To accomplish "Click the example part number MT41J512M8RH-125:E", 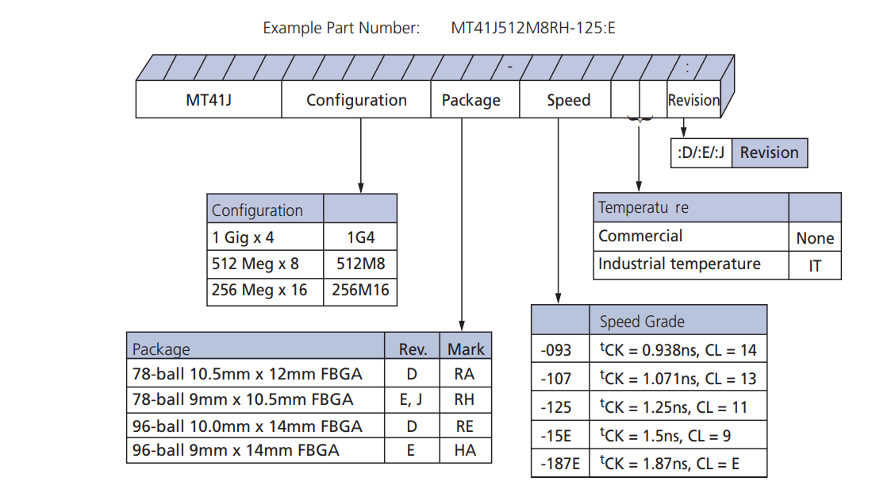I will pos(533,29).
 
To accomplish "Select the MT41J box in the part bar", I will pos(209,100).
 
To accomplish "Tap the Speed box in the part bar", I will pos(568,100).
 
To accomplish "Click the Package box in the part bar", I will pos(471,100).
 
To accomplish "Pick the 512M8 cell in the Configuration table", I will pos(360,264).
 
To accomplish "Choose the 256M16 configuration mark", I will pos(360,291).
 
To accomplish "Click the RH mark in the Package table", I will pos(464,399).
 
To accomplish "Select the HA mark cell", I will pos(464,450).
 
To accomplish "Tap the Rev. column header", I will pos(413,349).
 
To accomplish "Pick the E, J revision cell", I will pos(413,399).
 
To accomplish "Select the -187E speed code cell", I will pos(560,463).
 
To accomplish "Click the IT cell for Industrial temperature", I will pos(815,266).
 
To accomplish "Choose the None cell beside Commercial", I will pos(815,238).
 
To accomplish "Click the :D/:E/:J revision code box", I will pos(701,152).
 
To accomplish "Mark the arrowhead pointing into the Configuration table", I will pos(361,189).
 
